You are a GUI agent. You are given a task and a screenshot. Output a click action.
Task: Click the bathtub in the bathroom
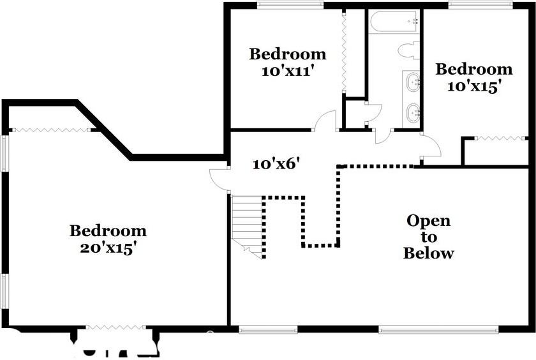[x=394, y=22]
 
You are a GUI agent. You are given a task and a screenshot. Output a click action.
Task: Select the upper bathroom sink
[x=413, y=82]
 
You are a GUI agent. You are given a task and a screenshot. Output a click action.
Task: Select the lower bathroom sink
[x=413, y=113]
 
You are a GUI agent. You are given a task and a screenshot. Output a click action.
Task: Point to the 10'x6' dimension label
[x=276, y=164]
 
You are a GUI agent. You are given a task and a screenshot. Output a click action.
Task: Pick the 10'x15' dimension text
[x=472, y=86]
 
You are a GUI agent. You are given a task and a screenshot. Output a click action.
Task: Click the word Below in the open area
[x=428, y=253]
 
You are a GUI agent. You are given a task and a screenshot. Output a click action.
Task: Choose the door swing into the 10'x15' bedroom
[x=431, y=146]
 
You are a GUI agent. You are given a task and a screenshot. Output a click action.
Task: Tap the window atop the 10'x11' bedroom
[x=290, y=5]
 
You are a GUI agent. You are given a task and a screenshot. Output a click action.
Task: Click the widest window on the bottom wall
[x=438, y=330]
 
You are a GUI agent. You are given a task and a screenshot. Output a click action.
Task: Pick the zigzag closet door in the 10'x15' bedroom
[x=501, y=138]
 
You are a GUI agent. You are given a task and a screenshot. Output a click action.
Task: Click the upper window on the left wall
[x=5, y=153]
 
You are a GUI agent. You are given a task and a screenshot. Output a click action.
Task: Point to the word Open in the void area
[x=428, y=221]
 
